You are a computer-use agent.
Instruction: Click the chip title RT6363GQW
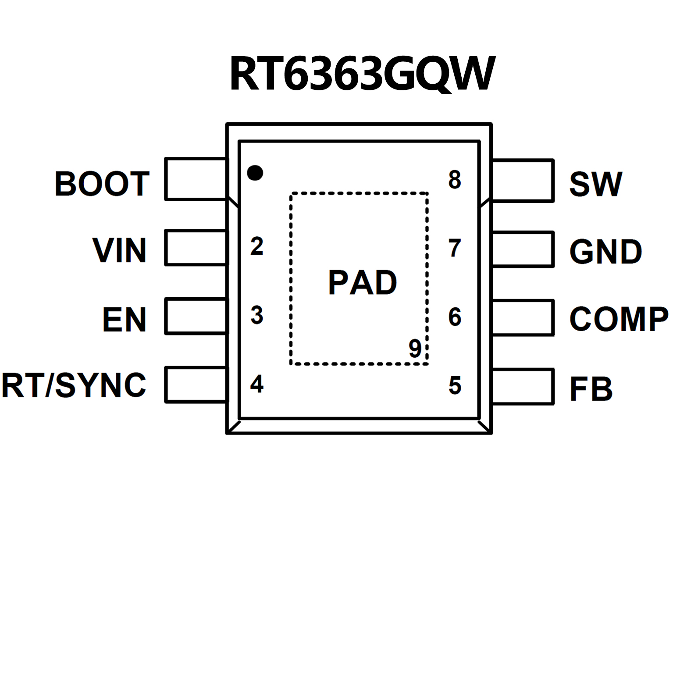[362, 74]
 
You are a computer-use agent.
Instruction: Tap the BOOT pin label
[102, 184]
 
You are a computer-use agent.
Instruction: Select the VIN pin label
[119, 250]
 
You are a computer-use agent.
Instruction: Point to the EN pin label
[124, 320]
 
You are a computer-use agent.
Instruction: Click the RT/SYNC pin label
[74, 386]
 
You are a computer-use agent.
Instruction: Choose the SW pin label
[595, 184]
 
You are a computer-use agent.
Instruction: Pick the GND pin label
[605, 252]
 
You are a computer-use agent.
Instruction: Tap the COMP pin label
[619, 319]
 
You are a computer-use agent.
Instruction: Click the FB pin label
[591, 389]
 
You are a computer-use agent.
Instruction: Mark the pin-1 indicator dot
[255, 173]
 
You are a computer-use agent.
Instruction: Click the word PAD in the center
[363, 283]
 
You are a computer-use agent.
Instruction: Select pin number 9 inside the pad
[415, 348]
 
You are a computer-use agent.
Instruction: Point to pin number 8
[455, 180]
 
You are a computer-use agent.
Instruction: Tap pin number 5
[455, 385]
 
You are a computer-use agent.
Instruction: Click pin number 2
[257, 246]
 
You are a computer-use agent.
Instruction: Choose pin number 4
[257, 384]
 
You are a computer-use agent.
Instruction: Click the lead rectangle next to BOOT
[196, 179]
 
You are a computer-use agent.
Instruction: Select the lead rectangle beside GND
[523, 249]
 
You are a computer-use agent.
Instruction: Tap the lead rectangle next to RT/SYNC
[196, 385]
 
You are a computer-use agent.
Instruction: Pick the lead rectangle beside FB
[523, 386]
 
